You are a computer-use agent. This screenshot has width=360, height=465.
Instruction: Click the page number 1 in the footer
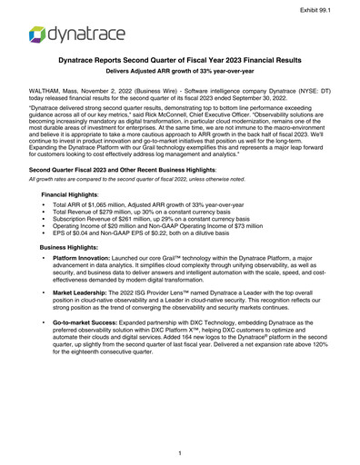[180, 451]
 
